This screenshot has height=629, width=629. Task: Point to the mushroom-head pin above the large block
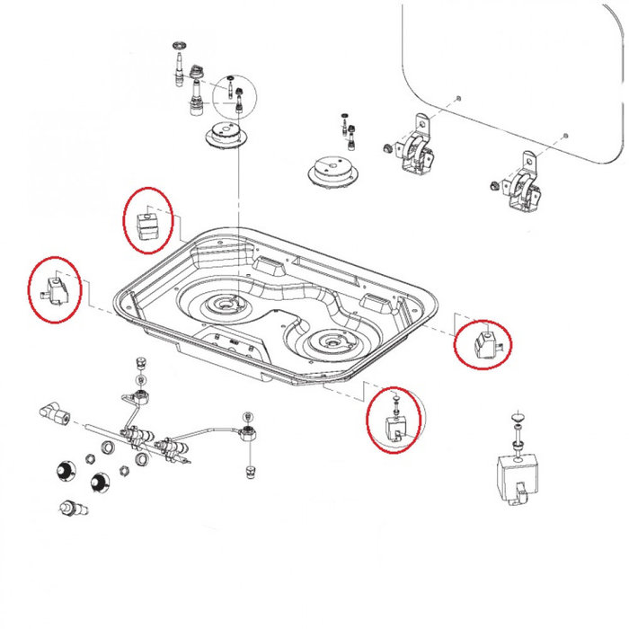click(517, 420)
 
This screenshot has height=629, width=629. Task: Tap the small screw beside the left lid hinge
click(385, 146)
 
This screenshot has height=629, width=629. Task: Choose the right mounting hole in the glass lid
click(564, 135)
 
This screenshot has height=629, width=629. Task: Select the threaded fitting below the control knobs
click(71, 510)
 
